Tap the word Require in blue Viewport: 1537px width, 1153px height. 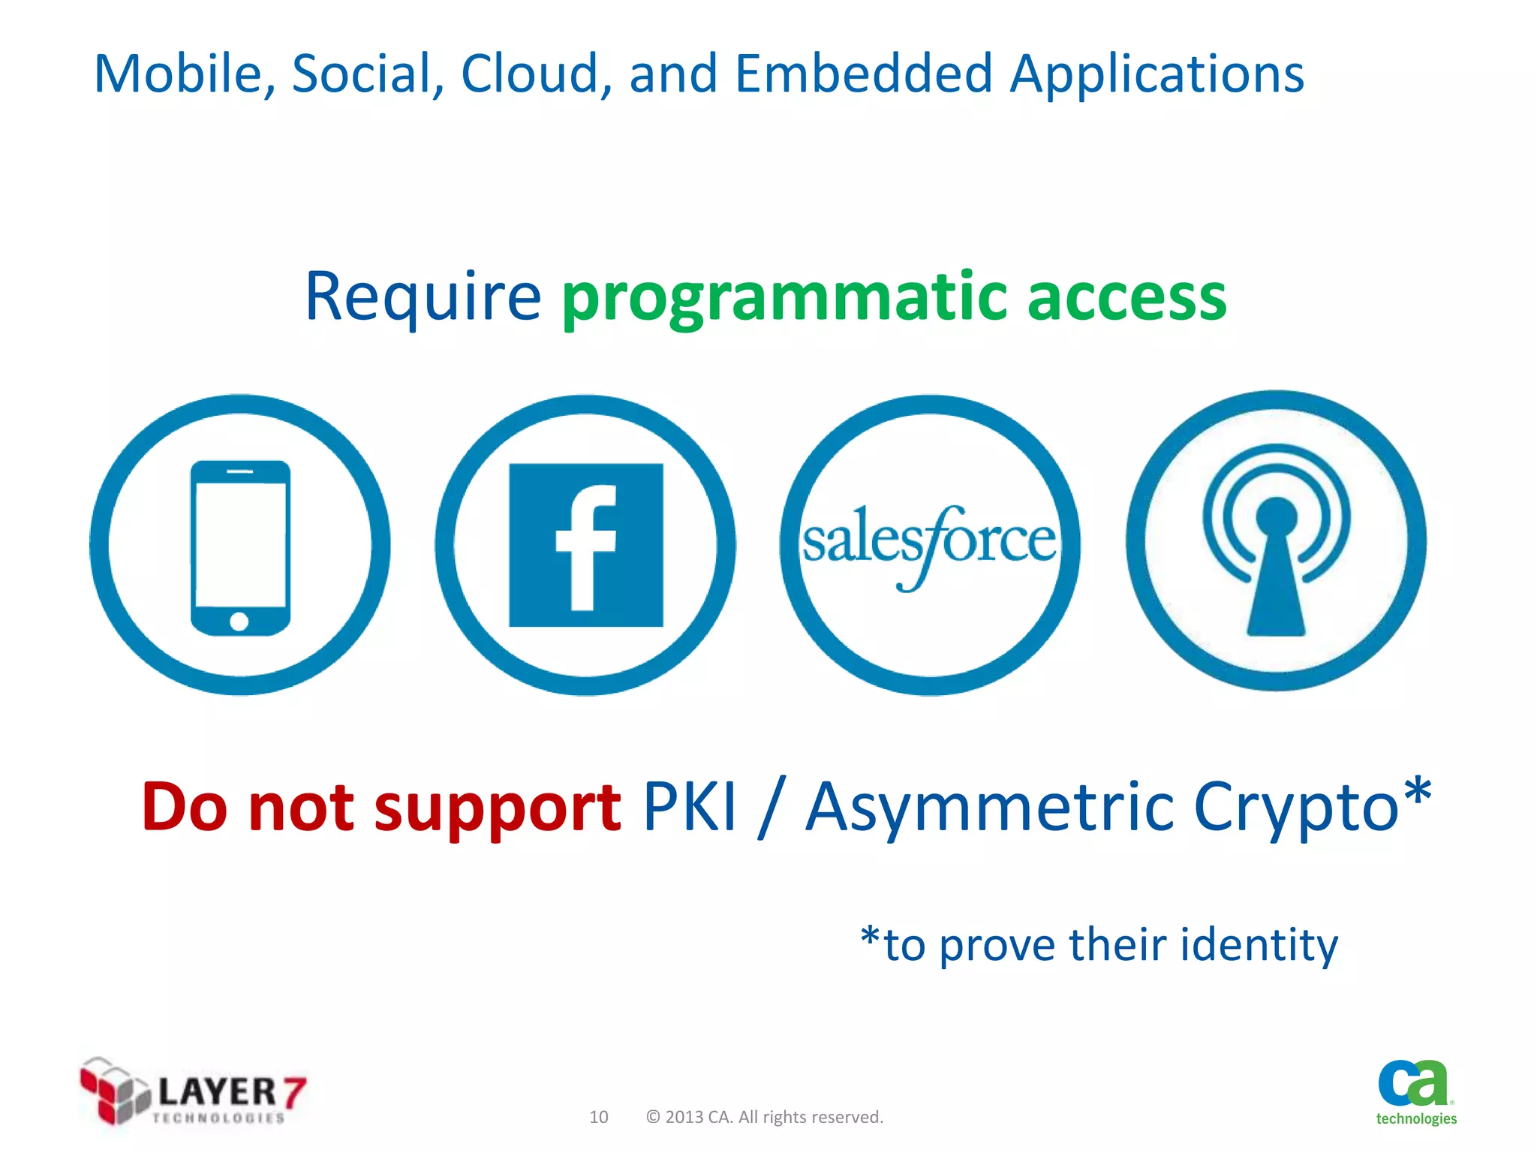[x=423, y=297]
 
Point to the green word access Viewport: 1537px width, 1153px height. [x=1126, y=297]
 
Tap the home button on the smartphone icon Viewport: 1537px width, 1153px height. [x=239, y=622]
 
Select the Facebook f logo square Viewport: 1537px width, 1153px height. [x=585, y=545]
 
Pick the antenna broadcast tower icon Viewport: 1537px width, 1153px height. [x=1276, y=540]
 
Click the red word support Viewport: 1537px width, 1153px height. [x=497, y=809]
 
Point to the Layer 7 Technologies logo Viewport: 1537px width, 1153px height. [x=193, y=1092]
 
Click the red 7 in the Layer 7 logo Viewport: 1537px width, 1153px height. [x=294, y=1091]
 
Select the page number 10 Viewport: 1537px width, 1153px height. [x=598, y=1117]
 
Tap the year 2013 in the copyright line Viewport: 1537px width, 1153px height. [x=684, y=1117]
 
